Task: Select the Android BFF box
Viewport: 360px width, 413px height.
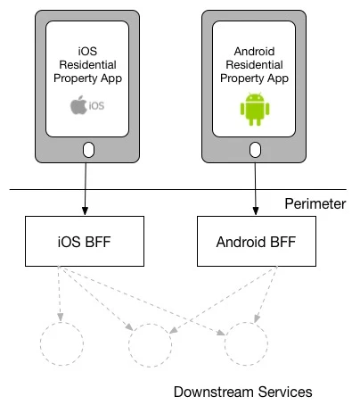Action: point(255,241)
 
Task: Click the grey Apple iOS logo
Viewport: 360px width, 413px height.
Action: point(87,107)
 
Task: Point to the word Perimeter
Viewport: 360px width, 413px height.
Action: point(315,204)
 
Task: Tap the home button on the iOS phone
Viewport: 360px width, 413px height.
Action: point(87,149)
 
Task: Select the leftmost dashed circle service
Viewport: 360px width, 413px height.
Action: point(61,343)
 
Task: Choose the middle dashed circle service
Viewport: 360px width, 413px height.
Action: point(150,343)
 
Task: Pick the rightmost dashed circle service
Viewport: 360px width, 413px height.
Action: point(246,343)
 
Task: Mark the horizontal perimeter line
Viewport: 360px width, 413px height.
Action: point(178,189)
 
